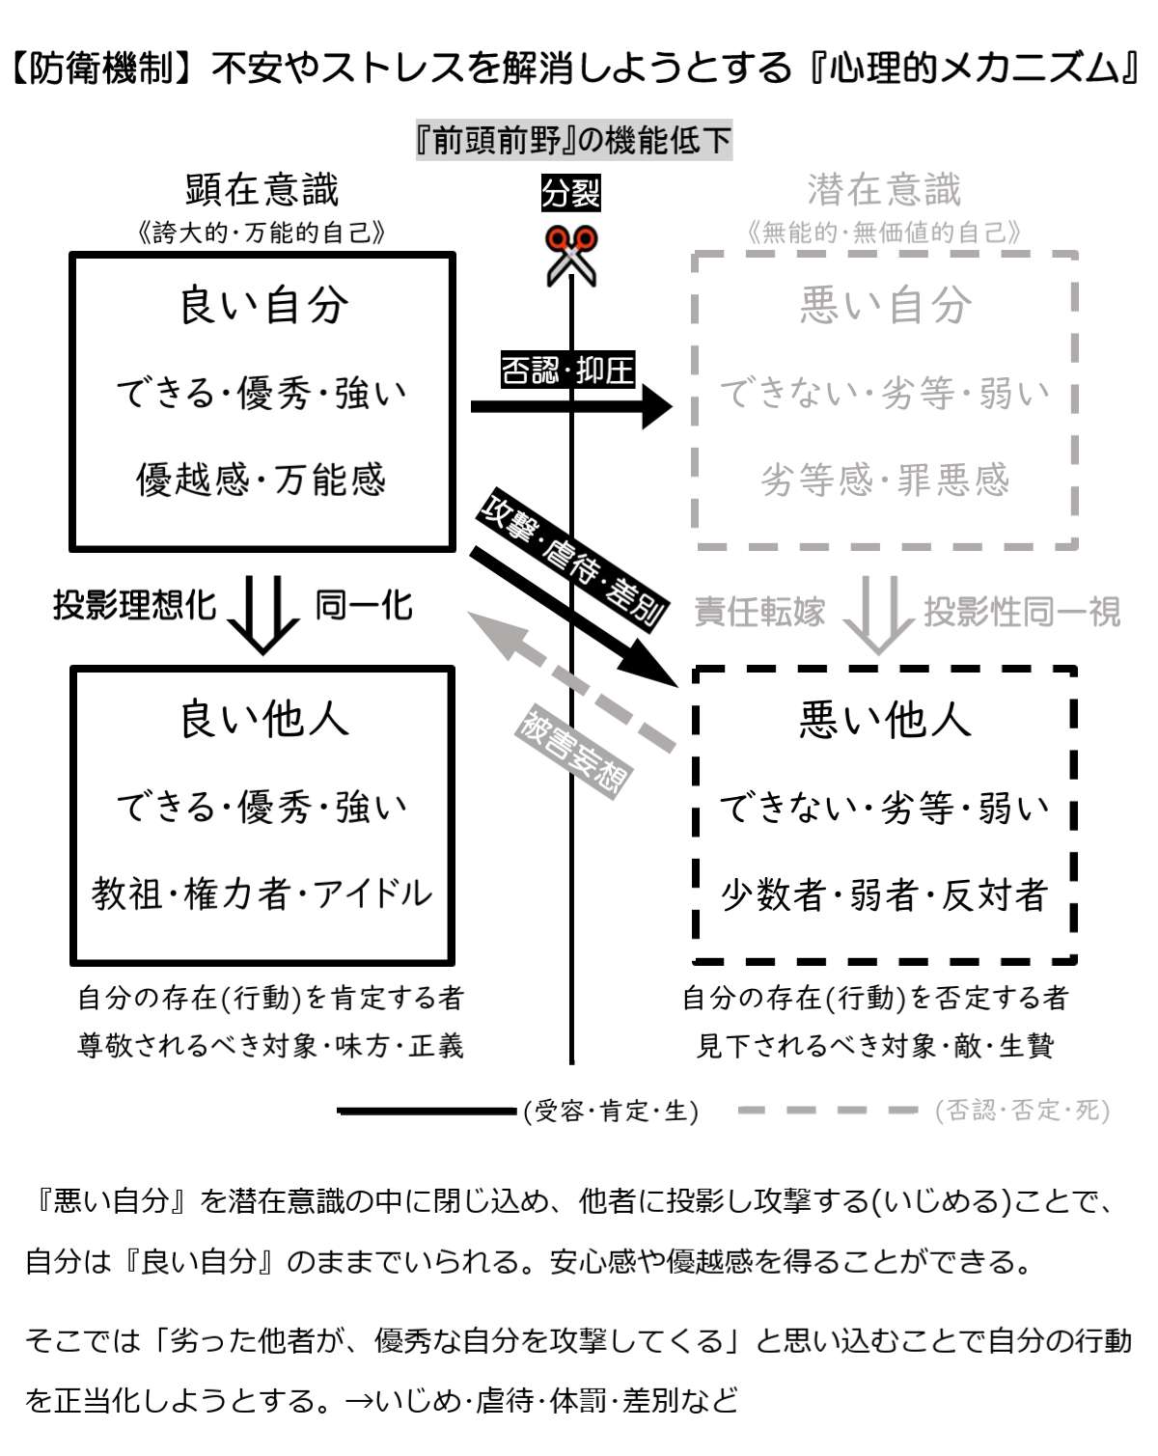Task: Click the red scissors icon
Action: [x=571, y=255]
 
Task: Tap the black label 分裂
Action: [x=570, y=193]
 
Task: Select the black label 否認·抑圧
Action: [x=567, y=370]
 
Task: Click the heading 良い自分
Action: [x=263, y=305]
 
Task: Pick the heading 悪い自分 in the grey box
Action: [x=885, y=305]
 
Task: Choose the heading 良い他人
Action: [x=263, y=720]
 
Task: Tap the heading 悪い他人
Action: [x=885, y=720]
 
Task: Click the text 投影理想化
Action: [x=134, y=605]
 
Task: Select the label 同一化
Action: [x=364, y=605]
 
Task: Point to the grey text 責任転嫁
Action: [x=759, y=612]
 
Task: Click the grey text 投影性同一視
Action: [x=1022, y=612]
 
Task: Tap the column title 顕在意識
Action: [x=262, y=190]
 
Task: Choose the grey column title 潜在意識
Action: [x=884, y=190]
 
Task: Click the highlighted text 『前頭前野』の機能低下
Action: [x=573, y=141]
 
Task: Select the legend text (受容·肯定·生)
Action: [x=611, y=1112]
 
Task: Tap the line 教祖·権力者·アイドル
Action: [x=262, y=893]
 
